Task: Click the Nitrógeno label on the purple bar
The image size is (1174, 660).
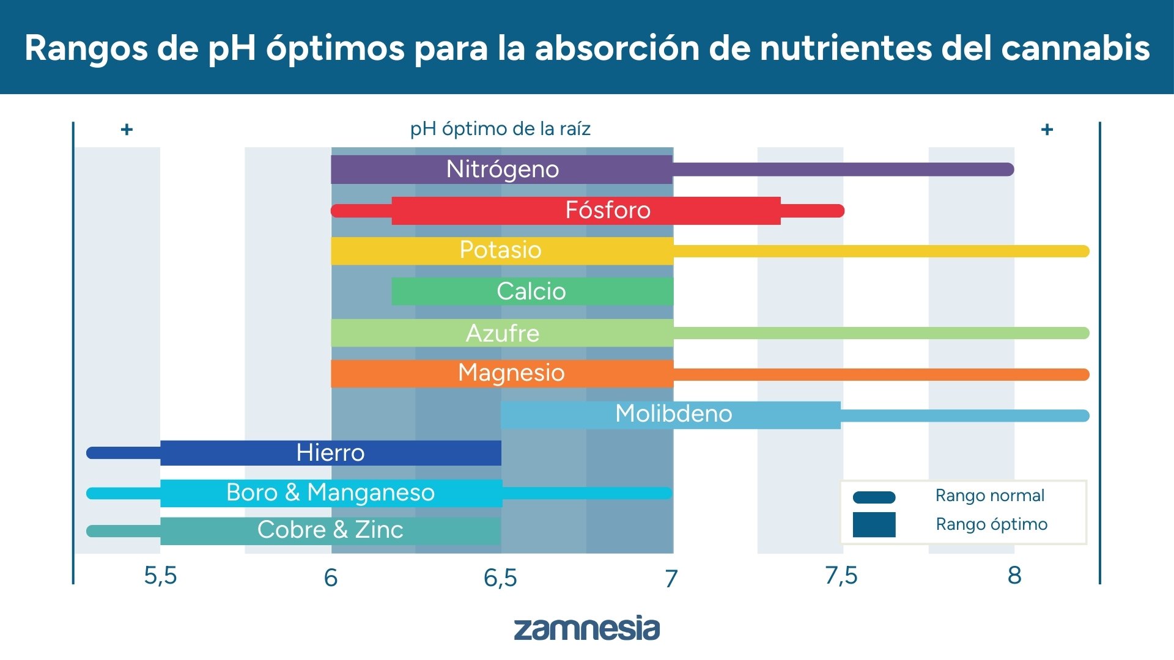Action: tap(502, 169)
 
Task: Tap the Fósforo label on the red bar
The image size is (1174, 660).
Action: tap(607, 210)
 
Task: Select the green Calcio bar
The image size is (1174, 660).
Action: tap(531, 291)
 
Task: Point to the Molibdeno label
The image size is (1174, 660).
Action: tap(673, 414)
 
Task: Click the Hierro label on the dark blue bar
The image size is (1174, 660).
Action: tap(330, 453)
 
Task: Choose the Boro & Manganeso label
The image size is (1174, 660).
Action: tap(330, 493)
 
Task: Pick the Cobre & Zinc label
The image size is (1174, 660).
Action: tap(330, 530)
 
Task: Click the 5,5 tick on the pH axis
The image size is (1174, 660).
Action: tap(160, 576)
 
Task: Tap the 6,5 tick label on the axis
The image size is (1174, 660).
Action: tap(500, 577)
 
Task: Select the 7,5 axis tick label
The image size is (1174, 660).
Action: tap(841, 576)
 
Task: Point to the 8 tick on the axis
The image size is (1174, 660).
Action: tap(1014, 576)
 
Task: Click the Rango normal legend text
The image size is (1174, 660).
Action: tap(989, 496)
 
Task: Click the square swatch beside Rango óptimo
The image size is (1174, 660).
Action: tap(874, 524)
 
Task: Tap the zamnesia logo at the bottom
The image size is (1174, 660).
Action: tap(586, 629)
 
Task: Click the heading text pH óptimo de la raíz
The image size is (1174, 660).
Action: tap(500, 129)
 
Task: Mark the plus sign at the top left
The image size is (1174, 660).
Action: tap(127, 130)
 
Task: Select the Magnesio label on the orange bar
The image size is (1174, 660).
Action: tap(511, 373)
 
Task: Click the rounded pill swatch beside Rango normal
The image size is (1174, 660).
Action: tap(874, 497)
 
